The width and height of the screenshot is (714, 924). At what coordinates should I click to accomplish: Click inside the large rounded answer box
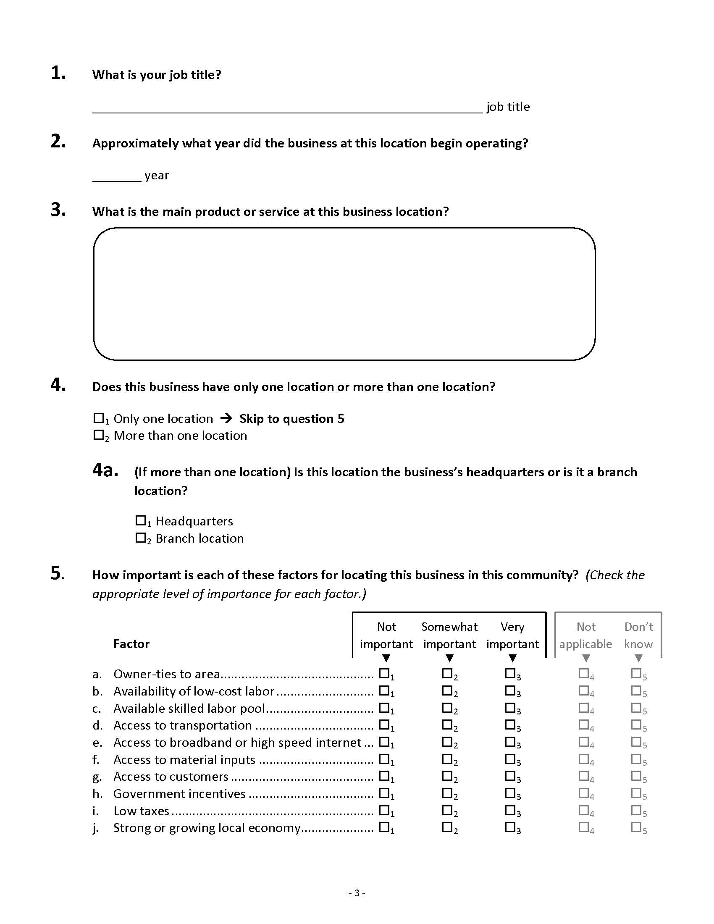[x=344, y=294]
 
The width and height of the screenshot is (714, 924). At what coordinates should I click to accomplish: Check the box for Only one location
[x=99, y=418]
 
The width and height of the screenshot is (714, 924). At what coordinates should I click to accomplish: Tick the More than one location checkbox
[x=99, y=435]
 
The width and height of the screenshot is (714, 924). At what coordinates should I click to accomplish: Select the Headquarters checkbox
[x=140, y=520]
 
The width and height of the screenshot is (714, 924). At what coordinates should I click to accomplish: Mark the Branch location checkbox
[x=140, y=538]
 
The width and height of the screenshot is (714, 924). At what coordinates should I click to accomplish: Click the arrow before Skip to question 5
[x=226, y=418]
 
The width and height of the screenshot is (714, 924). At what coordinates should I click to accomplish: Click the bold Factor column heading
[x=131, y=644]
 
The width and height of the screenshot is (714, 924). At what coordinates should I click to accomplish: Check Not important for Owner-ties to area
[x=384, y=673]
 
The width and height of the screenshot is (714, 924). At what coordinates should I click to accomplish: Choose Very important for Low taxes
[x=510, y=810]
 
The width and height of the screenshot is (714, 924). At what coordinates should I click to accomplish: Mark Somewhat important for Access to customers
[x=447, y=775]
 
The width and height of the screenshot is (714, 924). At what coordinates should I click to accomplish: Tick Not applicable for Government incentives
[x=584, y=793]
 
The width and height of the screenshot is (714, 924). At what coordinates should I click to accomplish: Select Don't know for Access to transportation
[x=636, y=724]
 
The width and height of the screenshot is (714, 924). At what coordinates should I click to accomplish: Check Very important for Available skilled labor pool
[x=510, y=707]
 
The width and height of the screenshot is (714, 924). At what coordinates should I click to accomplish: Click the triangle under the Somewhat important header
[x=450, y=658]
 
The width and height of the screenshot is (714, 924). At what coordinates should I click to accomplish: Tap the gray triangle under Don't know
[x=639, y=658]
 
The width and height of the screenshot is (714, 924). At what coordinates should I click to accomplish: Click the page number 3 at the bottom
[x=357, y=893]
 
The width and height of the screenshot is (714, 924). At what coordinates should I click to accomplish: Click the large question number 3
[x=58, y=210]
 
